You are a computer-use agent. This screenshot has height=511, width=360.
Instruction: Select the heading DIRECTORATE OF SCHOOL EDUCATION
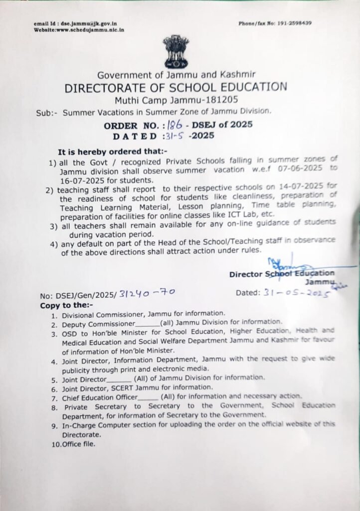pos(176,88)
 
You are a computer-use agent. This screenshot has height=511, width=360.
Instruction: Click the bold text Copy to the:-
pos(61,303)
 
